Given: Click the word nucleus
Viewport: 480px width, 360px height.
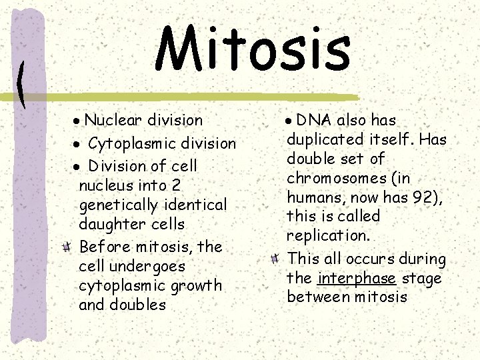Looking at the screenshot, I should coord(105,185).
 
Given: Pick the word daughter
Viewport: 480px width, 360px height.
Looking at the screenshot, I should coord(109,225).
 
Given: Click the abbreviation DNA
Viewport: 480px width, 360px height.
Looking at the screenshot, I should coord(315,121).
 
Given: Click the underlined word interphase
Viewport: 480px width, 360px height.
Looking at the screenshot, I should coord(357,278).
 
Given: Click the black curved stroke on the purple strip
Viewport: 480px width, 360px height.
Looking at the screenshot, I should coord(22,84).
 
